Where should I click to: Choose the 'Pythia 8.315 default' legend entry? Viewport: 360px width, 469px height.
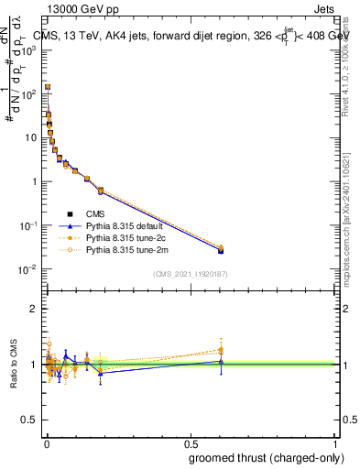click(127, 225)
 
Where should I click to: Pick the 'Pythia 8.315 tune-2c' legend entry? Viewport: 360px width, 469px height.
click(127, 237)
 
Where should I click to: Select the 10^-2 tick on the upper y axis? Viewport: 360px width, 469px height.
click(29, 269)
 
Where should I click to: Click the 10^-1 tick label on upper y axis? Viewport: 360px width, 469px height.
click(29, 225)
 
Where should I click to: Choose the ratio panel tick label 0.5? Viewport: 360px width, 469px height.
click(31, 420)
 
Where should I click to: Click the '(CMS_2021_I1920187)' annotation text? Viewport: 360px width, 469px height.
click(190, 274)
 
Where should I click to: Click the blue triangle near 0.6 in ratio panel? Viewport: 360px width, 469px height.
click(220, 361)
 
